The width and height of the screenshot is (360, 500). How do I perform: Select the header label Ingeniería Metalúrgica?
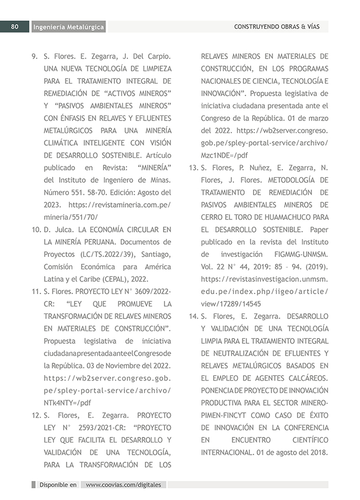tap(68, 27)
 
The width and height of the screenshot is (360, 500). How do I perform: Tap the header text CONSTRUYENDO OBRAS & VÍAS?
tap(276, 27)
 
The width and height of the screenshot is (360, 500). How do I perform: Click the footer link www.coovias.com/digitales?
tap(123, 485)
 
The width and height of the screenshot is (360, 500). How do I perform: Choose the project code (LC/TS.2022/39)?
tap(103, 254)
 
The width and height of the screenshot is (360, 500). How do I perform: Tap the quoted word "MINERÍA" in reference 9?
tap(152, 168)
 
